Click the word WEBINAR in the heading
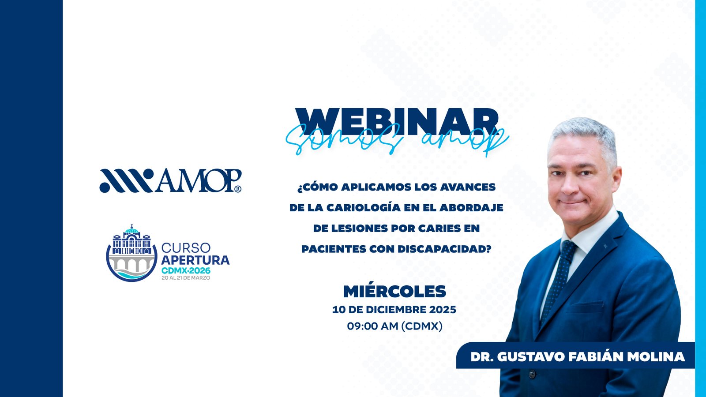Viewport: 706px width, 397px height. click(397, 122)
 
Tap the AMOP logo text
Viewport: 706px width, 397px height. click(198, 180)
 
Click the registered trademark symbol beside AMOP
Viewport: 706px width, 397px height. click(238, 189)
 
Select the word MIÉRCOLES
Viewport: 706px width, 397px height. click(394, 292)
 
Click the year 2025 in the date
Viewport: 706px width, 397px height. click(443, 310)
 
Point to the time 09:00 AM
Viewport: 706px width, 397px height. click(372, 326)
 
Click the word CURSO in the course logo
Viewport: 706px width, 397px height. click(186, 248)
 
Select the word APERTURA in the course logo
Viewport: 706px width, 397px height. click(195, 260)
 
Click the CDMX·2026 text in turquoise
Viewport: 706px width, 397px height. click(186, 271)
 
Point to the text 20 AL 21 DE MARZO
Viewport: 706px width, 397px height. click(186, 278)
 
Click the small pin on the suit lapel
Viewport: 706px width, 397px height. click(605, 246)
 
